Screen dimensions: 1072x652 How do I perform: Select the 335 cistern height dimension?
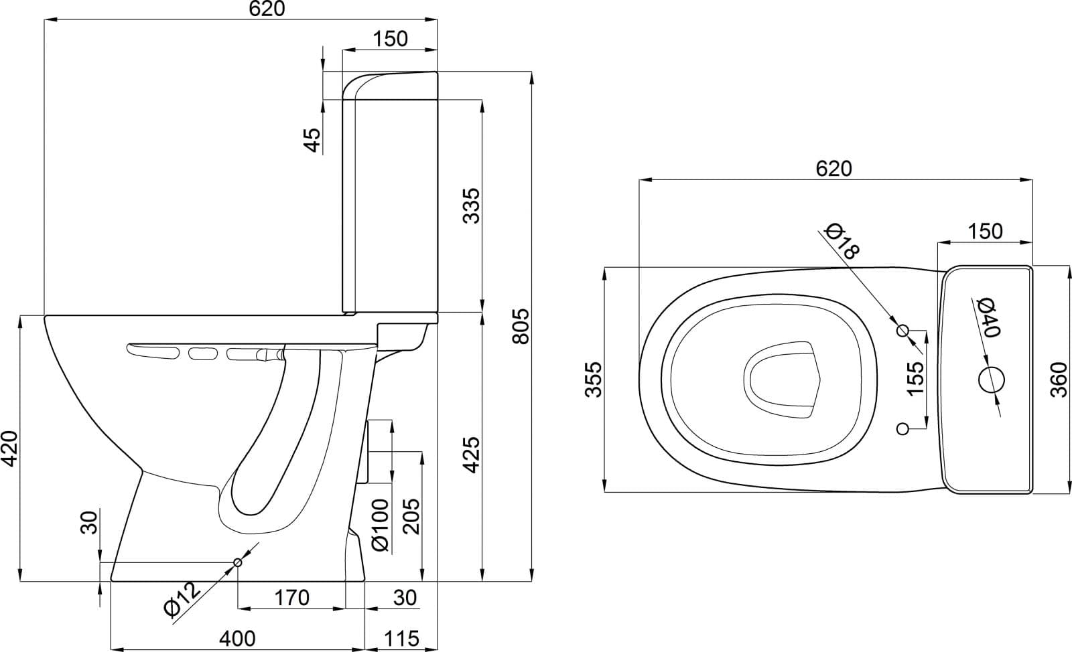(x=472, y=206)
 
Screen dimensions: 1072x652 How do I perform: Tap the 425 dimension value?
(x=472, y=455)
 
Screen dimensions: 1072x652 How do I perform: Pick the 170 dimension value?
(x=291, y=598)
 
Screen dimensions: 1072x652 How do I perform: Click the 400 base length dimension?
(x=237, y=639)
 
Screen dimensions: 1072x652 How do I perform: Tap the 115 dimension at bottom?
(x=401, y=639)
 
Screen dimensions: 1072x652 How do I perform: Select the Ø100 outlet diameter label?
(x=381, y=525)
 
